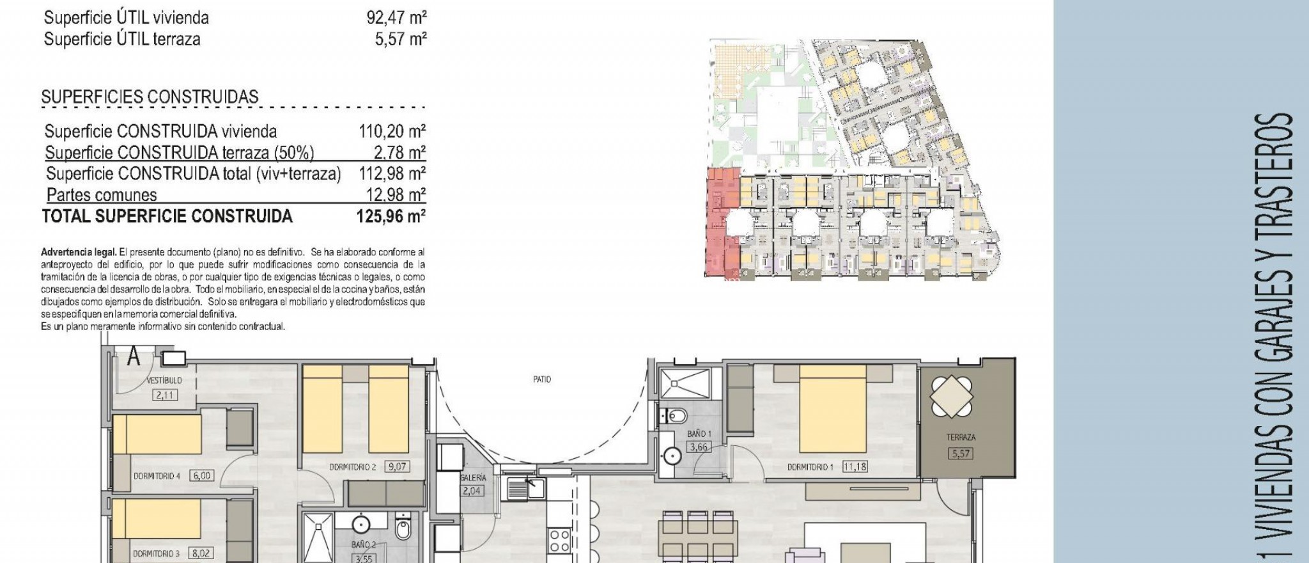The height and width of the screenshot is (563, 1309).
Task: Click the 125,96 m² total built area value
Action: click(x=391, y=216)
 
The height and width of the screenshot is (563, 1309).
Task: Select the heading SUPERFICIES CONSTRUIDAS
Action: click(x=150, y=97)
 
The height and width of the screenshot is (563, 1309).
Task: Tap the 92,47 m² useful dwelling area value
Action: click(x=396, y=17)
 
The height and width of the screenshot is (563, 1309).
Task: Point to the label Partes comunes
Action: click(x=102, y=195)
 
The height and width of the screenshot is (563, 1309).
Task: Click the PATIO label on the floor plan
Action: click(x=541, y=379)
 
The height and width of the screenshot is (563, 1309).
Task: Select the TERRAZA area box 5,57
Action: click(x=961, y=454)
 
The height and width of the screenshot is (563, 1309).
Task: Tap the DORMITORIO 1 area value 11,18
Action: click(x=855, y=466)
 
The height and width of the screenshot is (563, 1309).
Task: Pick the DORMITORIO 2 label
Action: click(x=352, y=467)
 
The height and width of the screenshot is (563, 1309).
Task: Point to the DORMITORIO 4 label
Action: click(x=157, y=476)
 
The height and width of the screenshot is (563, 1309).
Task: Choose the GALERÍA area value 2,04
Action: click(x=472, y=491)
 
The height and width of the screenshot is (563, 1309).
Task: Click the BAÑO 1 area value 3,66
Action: click(x=698, y=447)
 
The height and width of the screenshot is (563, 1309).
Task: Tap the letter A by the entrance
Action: click(x=134, y=356)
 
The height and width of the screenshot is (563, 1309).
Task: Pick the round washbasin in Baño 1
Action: click(x=672, y=456)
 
